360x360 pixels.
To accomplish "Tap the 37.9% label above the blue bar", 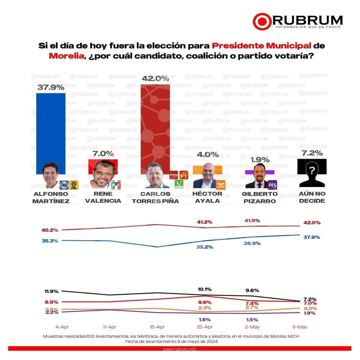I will coord(51,87).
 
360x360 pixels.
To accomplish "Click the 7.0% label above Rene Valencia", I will coord(103,154).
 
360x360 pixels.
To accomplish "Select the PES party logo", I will coord(272,184).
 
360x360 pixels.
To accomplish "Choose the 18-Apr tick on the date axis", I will coord(157,327).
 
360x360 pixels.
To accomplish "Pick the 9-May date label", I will coord(300,327).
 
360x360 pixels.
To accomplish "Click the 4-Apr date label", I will coord(62,327).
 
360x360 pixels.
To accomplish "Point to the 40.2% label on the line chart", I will coord(50,230).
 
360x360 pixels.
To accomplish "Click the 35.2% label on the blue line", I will coord(205,247).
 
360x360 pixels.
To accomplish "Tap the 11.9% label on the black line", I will coord(51,291).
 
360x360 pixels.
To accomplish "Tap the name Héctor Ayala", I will coord(208,197).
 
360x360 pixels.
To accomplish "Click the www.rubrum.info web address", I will coord(180,349).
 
